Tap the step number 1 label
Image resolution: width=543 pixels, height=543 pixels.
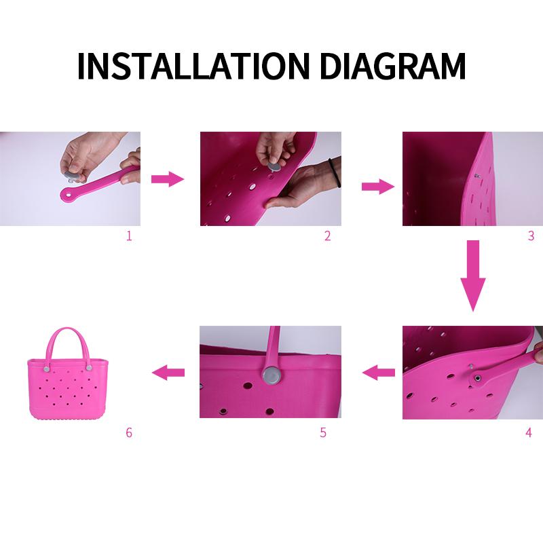click(x=129, y=236)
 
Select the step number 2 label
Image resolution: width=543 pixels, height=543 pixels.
click(x=327, y=236)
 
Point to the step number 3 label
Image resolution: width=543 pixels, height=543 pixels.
click(x=531, y=236)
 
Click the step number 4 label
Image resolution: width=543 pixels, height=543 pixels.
click(x=529, y=432)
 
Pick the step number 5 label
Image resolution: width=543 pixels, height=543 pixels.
click(x=323, y=432)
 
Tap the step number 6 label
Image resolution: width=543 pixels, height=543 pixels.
click(x=129, y=432)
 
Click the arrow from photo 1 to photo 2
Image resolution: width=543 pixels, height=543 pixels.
click(x=167, y=179)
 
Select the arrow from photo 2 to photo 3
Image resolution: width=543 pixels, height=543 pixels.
click(x=377, y=187)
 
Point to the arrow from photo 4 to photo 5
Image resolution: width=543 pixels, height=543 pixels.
click(x=378, y=372)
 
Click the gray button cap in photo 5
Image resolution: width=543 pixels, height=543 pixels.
click(x=273, y=375)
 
